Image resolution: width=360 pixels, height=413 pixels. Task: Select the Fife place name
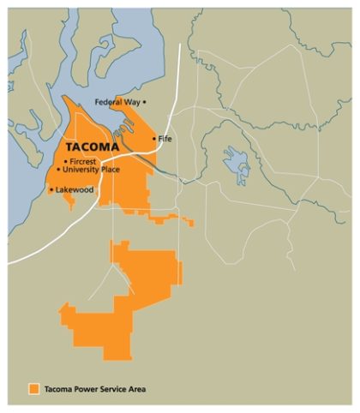(165, 139)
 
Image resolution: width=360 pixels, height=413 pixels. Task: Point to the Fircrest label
(86, 161)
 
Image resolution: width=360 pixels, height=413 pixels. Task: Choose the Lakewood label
(75, 189)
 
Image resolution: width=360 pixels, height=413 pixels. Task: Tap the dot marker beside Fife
(154, 139)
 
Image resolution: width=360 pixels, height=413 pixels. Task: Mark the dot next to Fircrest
(66, 161)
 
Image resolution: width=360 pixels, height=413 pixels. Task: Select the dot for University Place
(58, 170)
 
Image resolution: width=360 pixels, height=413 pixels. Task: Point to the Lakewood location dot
(51, 189)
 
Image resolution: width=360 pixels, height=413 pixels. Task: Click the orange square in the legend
(33, 389)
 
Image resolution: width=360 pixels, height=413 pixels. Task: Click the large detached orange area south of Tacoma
(120, 300)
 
